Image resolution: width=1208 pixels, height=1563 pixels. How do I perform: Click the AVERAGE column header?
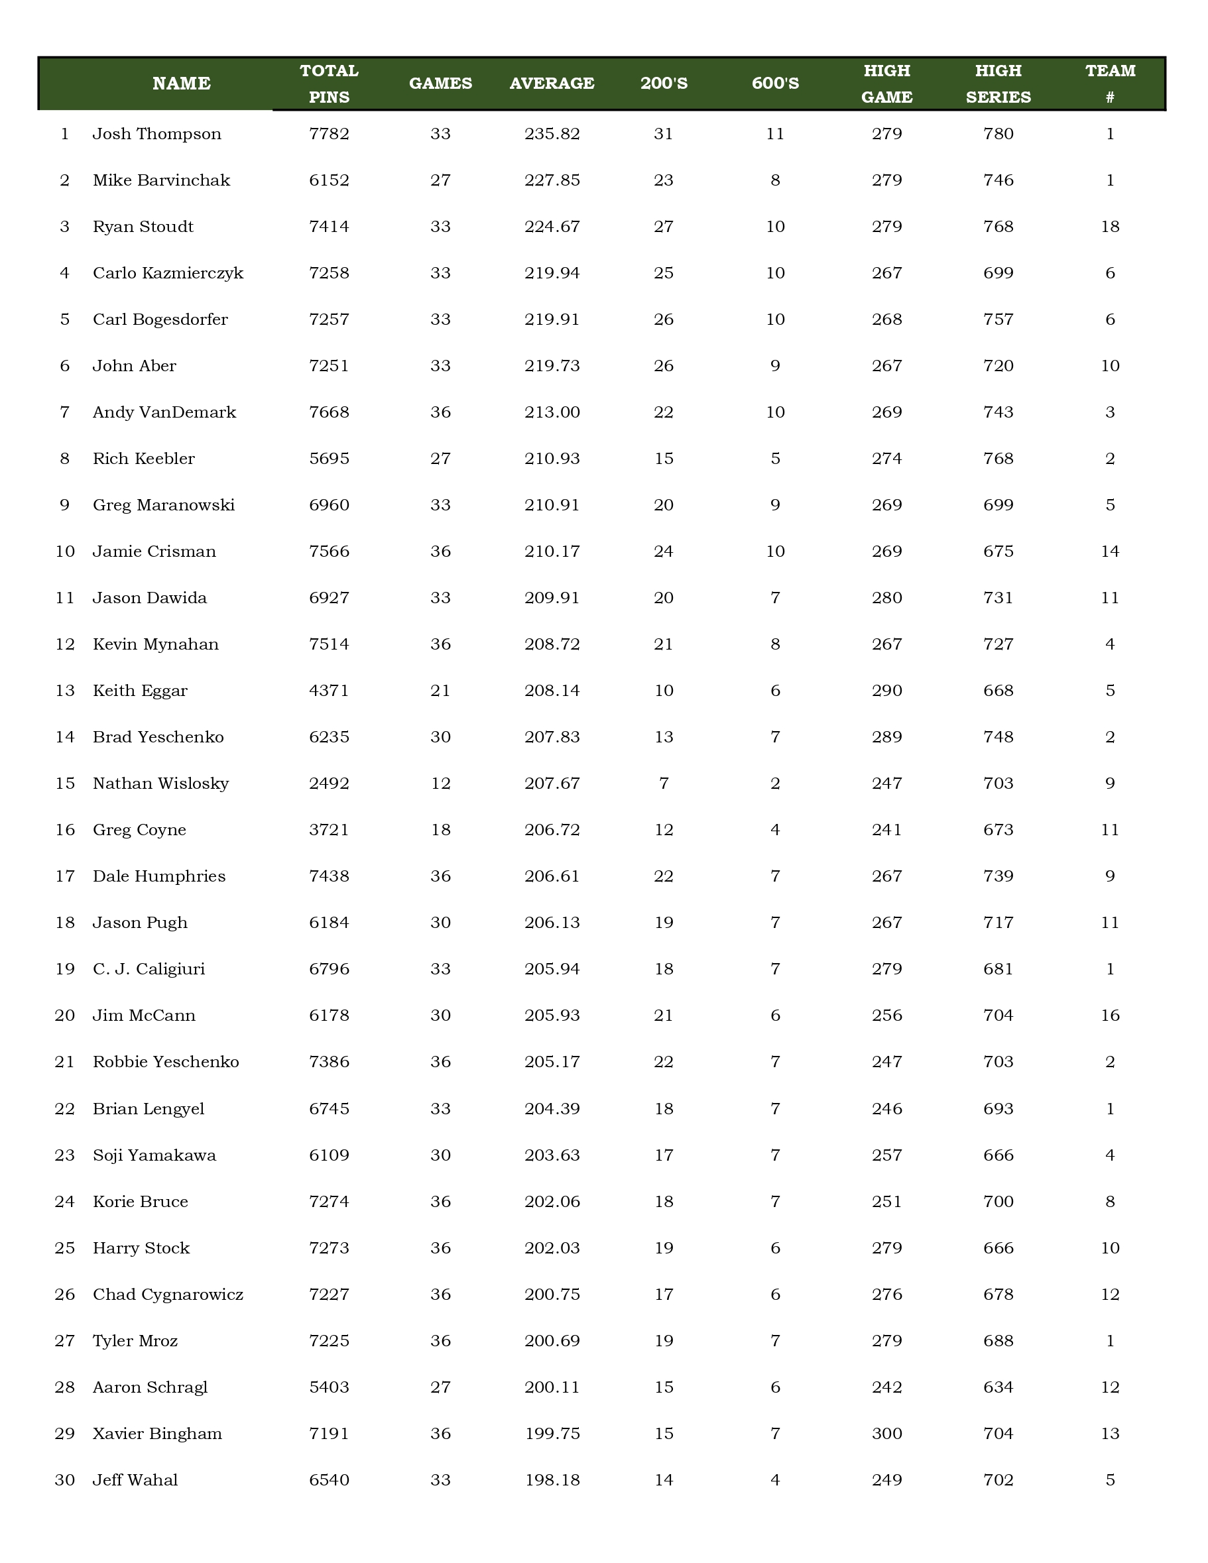pyautogui.click(x=552, y=83)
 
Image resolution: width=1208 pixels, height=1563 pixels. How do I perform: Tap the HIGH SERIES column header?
pyautogui.click(x=998, y=83)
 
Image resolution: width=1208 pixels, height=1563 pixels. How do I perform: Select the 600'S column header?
pyautogui.click(x=775, y=83)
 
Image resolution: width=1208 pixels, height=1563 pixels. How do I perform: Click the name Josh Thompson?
pyautogui.click(x=156, y=134)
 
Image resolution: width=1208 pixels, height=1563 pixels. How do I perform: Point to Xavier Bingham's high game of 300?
pyautogui.click(x=886, y=1434)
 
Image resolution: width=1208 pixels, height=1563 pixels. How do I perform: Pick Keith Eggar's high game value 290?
pyautogui.click(x=886, y=691)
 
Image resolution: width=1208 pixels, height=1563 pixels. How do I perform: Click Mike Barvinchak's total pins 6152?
pyautogui.click(x=330, y=180)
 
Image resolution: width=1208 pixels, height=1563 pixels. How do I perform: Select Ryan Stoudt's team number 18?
pyautogui.click(x=1110, y=227)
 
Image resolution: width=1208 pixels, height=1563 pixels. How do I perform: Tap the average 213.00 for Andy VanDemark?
pyautogui.click(x=552, y=412)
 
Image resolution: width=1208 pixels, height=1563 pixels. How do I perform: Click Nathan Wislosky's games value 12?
pyautogui.click(x=440, y=783)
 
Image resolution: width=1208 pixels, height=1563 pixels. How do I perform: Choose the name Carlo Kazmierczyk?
pyautogui.click(x=168, y=273)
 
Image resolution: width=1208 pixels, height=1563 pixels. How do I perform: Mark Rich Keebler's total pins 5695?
pyautogui.click(x=330, y=459)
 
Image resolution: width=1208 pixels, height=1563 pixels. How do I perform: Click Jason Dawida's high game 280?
pyautogui.click(x=886, y=598)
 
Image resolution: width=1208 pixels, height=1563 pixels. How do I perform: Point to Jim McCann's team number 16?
pyautogui.click(x=1110, y=1015)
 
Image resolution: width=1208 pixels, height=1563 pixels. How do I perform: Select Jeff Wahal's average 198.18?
pyautogui.click(x=552, y=1480)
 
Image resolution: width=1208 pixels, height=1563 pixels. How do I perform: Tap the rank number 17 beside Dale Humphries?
pyautogui.click(x=64, y=876)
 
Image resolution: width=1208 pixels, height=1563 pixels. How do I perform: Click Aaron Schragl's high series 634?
pyautogui.click(x=998, y=1387)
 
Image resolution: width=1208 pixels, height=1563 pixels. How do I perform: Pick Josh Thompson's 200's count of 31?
pyautogui.click(x=664, y=134)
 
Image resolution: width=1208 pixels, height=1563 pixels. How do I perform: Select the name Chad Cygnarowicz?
pyautogui.click(x=168, y=1295)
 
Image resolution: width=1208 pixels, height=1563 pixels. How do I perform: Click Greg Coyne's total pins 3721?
pyautogui.click(x=330, y=830)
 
